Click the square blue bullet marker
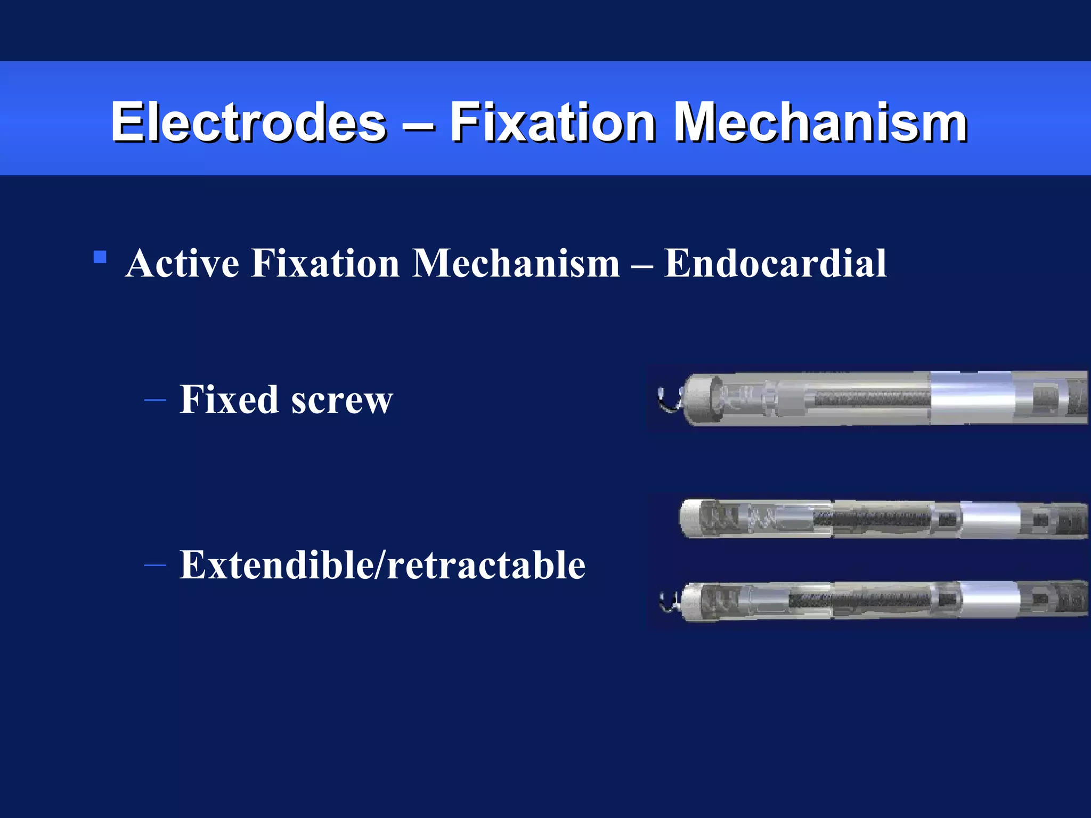[x=100, y=258]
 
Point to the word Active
[x=182, y=263]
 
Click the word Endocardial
[x=775, y=263]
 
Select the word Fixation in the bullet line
[x=325, y=263]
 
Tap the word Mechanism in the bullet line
[x=516, y=263]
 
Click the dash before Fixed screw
[x=155, y=399]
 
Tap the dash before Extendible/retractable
[x=155, y=565]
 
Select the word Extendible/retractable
[x=382, y=565]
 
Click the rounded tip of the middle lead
[x=687, y=518]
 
